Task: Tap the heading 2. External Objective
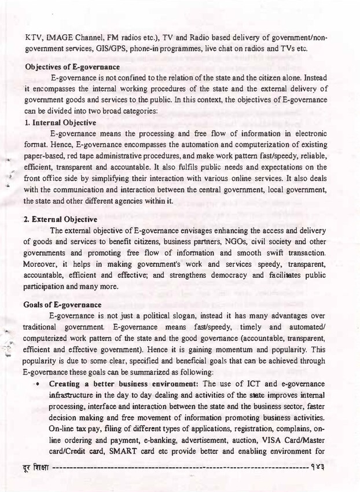(61, 220)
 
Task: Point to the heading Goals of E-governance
(63, 304)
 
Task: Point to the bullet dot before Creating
(37, 384)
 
